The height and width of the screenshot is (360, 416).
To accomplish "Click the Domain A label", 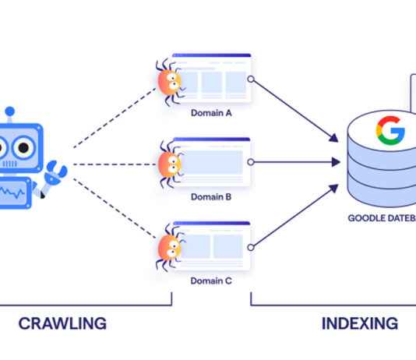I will [x=211, y=112].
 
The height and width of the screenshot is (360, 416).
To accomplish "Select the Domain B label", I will [x=211, y=197].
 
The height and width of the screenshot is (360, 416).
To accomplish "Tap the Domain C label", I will [x=211, y=281].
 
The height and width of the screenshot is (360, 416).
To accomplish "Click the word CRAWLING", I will [x=62, y=323].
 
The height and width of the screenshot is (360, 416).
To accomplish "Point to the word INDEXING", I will [x=360, y=323].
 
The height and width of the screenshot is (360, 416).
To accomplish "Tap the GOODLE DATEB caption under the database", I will [x=382, y=218].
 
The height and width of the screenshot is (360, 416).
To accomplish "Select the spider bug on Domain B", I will [x=168, y=164].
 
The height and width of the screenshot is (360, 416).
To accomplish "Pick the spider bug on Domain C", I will [x=168, y=248].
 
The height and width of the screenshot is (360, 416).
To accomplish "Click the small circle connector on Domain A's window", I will [x=250, y=79].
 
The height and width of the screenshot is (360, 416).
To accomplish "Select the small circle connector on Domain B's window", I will [x=250, y=163].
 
